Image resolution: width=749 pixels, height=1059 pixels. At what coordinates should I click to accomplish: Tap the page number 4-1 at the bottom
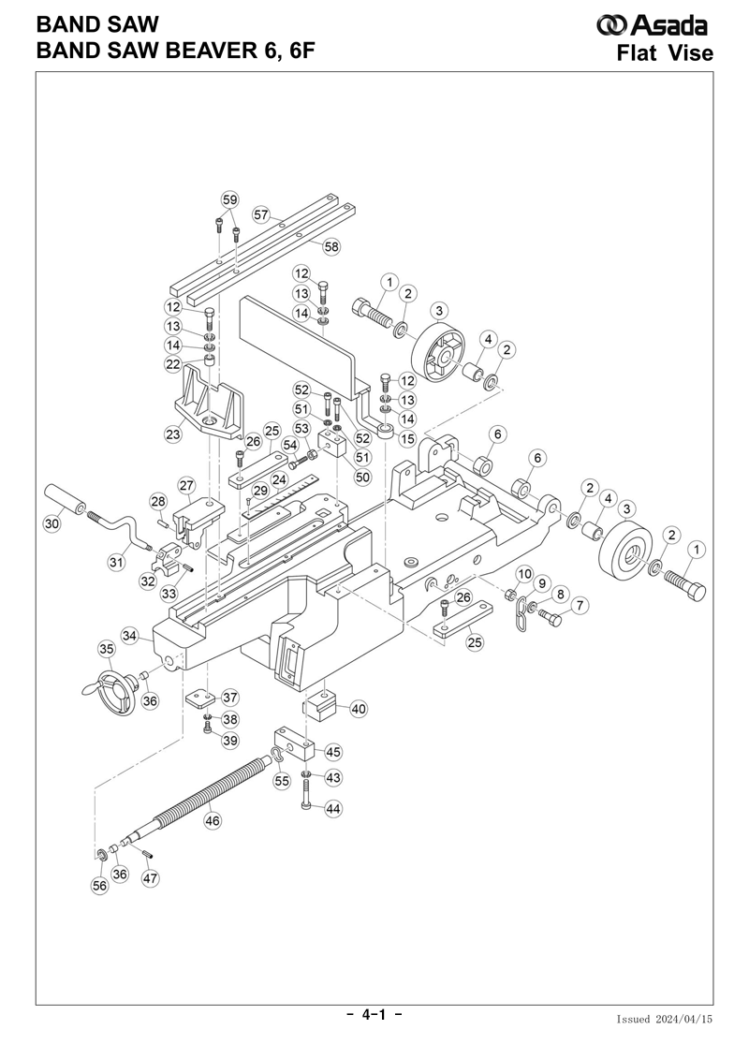[x=374, y=1015]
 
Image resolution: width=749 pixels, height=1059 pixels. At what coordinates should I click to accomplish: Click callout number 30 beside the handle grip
[x=52, y=525]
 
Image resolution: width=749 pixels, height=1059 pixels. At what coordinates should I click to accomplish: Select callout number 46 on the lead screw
[x=213, y=820]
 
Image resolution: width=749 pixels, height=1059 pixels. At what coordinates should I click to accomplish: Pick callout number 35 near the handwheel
[x=107, y=649]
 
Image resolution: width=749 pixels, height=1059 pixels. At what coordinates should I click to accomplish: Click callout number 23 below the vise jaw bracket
[x=172, y=434]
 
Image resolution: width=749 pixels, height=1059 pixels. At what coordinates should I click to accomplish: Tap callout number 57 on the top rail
[x=260, y=214]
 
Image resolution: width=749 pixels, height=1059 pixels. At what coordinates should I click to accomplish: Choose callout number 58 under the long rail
[x=330, y=247]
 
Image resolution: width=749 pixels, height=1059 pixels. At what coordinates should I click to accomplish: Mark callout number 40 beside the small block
[x=358, y=709]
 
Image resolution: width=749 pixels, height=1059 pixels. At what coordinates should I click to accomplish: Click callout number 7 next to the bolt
[x=580, y=606]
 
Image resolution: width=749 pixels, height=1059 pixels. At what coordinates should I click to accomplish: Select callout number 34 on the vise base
[x=130, y=636]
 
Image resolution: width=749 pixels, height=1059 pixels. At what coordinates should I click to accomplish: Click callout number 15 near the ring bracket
[x=406, y=437]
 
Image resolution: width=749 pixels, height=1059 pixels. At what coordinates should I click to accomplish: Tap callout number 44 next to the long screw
[x=333, y=809]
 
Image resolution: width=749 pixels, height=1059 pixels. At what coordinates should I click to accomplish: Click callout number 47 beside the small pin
[x=150, y=878]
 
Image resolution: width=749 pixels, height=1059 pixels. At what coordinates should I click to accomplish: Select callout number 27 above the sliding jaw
[x=186, y=485]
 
